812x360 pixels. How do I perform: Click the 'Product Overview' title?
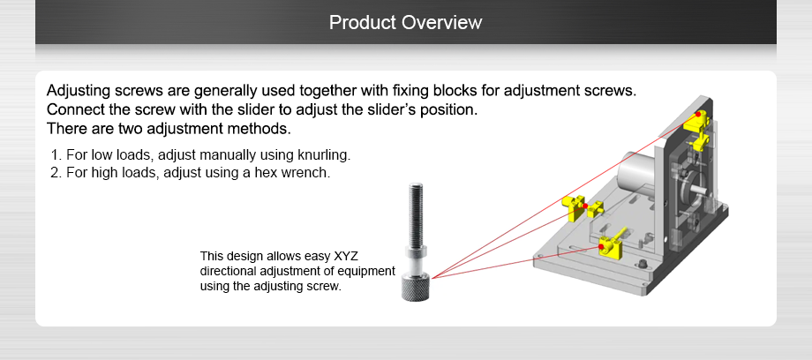[405, 22]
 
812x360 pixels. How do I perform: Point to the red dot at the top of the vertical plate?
[698, 115]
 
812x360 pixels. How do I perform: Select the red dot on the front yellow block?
[602, 247]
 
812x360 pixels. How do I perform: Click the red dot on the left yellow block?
[584, 206]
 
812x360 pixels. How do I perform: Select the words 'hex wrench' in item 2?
[297, 172]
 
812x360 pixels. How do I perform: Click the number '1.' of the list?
[56, 155]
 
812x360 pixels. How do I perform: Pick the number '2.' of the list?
[56, 172]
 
